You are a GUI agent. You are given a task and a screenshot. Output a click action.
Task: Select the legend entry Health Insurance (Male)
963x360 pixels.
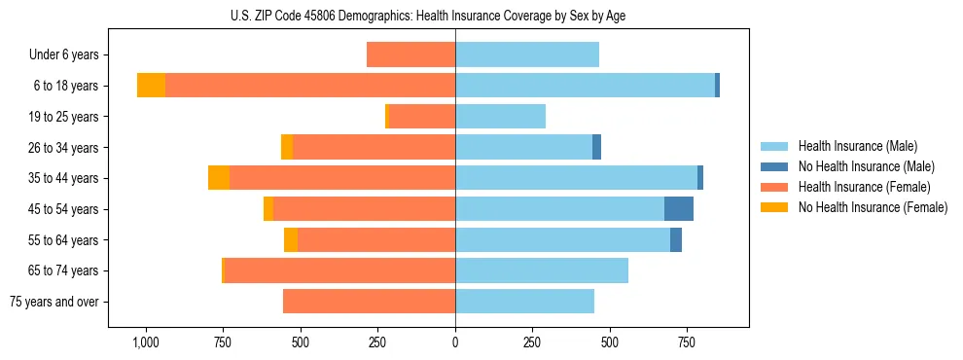857,146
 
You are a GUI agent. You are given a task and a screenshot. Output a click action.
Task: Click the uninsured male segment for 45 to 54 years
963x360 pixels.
679,209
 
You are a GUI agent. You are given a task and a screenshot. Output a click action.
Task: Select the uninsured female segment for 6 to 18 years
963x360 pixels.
151,86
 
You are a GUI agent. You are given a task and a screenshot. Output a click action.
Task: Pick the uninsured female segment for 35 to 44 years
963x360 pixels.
219,178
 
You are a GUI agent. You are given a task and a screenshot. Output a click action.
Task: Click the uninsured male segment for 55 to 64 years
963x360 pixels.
676,240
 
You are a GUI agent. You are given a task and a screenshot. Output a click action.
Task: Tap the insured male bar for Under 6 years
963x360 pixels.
527,55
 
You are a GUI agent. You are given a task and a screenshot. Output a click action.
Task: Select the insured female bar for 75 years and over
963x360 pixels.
369,302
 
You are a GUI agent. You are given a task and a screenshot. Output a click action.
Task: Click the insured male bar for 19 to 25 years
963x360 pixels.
500,117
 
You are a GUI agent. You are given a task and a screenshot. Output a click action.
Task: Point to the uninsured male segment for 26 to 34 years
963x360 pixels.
596,148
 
